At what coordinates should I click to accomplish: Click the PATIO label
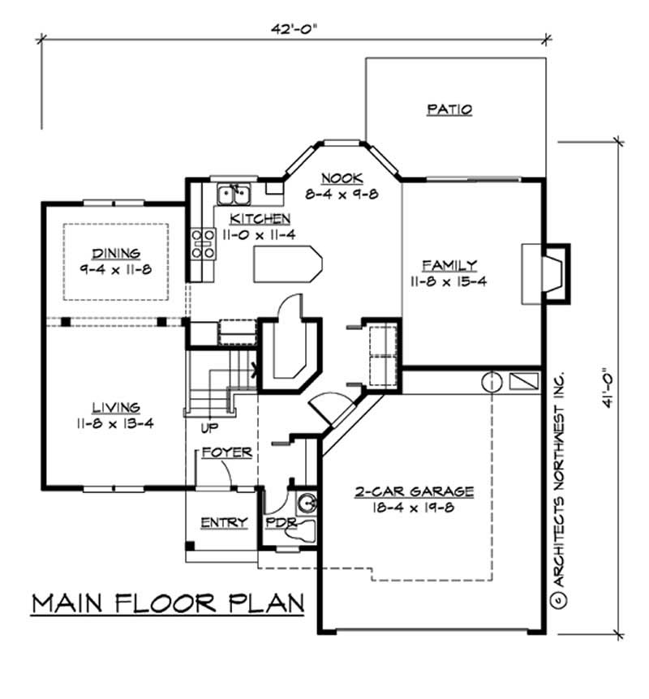(449, 110)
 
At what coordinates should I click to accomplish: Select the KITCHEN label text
(260, 218)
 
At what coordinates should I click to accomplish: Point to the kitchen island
(288, 264)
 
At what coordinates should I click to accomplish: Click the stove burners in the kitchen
(202, 244)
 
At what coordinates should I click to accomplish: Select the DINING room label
(115, 252)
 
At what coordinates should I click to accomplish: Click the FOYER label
(226, 452)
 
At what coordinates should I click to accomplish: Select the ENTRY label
(223, 523)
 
